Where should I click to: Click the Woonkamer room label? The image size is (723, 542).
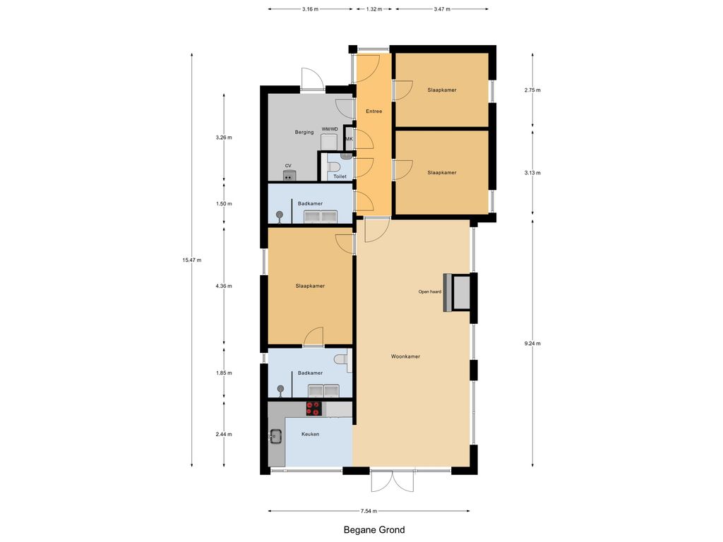[405, 356]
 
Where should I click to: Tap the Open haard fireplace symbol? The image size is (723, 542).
[457, 292]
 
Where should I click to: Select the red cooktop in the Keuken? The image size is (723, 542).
[313, 409]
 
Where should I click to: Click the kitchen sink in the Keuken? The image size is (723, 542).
[276, 435]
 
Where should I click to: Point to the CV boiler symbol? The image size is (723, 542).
[289, 175]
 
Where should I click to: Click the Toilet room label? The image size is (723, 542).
[340, 176]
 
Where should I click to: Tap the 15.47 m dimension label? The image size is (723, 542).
[192, 260]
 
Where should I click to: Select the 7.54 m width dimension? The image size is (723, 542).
[369, 511]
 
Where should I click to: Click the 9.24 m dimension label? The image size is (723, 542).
[532, 344]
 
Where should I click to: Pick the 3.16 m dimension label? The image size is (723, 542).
[311, 8]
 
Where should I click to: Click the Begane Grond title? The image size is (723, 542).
[374, 530]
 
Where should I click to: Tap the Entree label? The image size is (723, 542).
[374, 111]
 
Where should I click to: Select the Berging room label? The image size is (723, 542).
[304, 132]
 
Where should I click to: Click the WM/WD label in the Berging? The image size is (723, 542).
[330, 129]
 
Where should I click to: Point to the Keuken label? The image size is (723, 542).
[311, 434]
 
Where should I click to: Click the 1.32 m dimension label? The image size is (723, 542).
[374, 8]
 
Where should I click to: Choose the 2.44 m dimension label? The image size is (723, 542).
[224, 434]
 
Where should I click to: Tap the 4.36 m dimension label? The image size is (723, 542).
[224, 286]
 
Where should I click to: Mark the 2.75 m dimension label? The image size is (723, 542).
[532, 90]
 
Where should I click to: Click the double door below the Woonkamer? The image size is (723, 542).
[393, 481]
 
